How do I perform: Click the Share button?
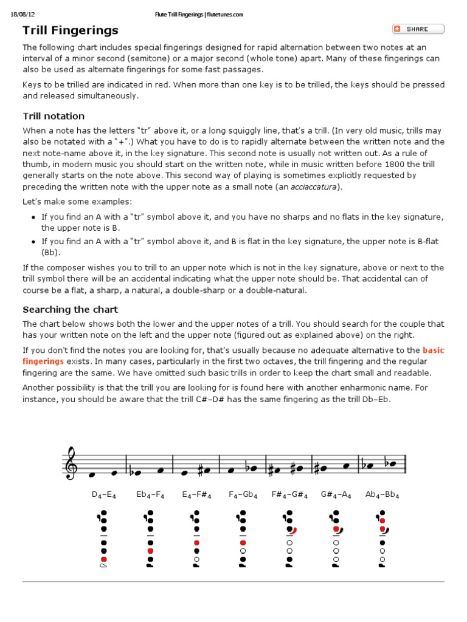[418, 29]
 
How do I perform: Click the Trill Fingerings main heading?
[71, 30]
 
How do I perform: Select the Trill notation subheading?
[54, 116]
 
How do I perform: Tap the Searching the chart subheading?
[70, 309]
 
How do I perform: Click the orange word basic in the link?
[433, 350]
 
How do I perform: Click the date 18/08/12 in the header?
[22, 14]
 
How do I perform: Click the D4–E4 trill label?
[104, 494]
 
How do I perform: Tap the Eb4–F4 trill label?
[150, 494]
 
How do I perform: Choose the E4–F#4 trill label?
[196, 494]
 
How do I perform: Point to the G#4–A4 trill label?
[336, 494]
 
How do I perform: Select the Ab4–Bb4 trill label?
[382, 494]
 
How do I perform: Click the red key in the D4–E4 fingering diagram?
[104, 559]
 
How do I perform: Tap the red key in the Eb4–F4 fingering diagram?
[150, 551]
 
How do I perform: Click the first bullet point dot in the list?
[33, 217]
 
